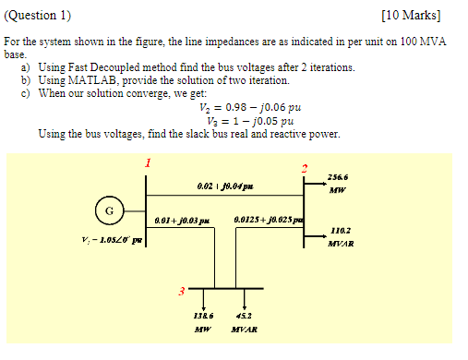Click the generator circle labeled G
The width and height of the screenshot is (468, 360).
[109, 211]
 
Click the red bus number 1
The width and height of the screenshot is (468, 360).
[145, 163]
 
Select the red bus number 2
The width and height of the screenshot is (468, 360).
[303, 168]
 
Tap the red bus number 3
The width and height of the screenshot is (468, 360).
[181, 293]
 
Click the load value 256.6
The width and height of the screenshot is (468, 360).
[337, 178]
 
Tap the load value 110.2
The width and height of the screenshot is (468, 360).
[339, 231]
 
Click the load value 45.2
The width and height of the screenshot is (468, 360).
[245, 315]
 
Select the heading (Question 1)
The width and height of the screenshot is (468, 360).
[38, 16]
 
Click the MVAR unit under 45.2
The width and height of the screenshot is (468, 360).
[245, 329]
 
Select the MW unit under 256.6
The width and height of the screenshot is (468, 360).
[337, 192]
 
